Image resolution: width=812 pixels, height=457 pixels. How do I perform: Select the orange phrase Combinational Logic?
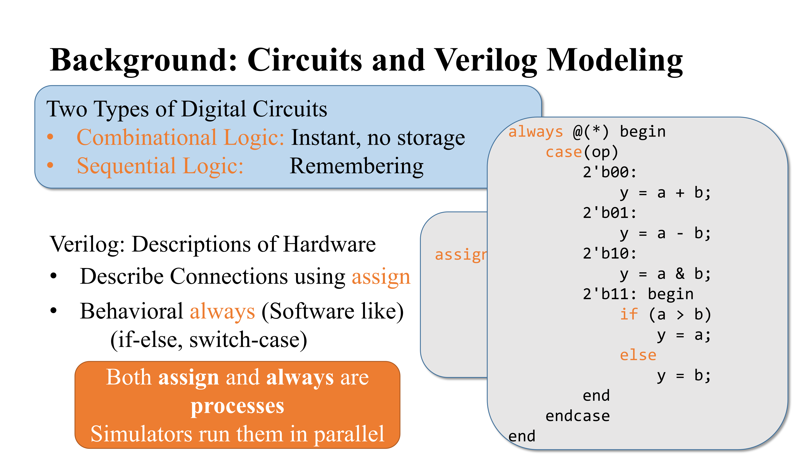coord(181,138)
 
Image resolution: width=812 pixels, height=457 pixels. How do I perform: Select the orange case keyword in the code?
coord(564,152)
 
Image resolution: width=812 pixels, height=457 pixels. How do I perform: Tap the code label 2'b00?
coord(609,172)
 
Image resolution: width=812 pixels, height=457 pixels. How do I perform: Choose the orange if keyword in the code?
coord(629,314)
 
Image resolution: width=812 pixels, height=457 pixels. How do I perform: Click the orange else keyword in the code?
coord(638,355)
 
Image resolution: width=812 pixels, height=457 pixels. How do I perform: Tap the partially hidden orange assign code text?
coord(461,255)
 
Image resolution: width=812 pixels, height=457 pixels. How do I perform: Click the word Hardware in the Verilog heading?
coord(329,244)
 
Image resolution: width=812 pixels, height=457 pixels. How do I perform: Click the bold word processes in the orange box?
coord(237,406)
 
